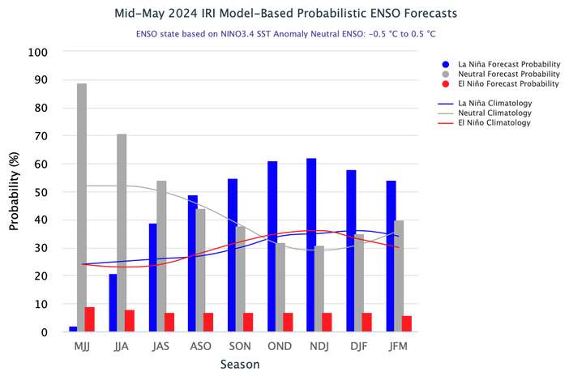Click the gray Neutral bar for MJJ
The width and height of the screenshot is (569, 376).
(82, 207)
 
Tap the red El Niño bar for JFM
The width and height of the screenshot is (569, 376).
(406, 323)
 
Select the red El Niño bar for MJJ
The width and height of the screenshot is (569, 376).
(90, 319)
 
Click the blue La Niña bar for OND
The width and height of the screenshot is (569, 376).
(272, 246)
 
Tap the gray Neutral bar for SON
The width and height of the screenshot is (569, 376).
(240, 279)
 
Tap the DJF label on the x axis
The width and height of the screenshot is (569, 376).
(359, 346)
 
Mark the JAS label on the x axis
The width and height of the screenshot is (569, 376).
(160, 346)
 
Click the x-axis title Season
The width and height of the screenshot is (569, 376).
(240, 365)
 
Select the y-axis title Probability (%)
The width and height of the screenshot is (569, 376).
(14, 191)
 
